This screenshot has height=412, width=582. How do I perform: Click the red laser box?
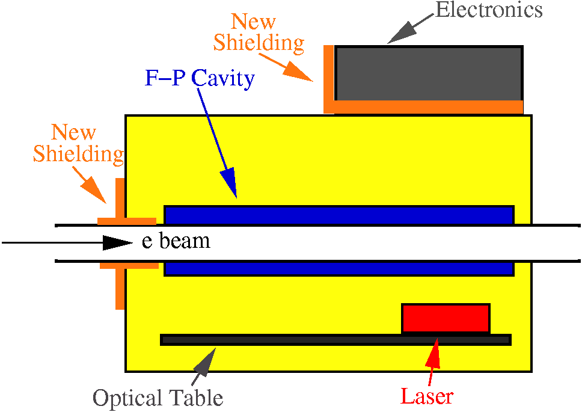[x=446, y=318]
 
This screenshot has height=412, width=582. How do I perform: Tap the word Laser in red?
[x=426, y=396]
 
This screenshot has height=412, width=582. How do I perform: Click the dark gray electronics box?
[x=428, y=73]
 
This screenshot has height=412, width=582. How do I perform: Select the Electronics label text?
[x=488, y=10]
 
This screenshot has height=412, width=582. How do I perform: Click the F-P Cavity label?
[x=200, y=78]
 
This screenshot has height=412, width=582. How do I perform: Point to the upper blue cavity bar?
[x=338, y=215]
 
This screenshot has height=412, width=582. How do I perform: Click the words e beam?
[x=176, y=241]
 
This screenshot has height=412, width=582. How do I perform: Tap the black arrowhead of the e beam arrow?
[x=116, y=242]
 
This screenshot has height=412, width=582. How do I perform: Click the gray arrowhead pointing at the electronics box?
[x=398, y=34]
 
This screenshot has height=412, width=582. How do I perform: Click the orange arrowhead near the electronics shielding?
[x=301, y=71]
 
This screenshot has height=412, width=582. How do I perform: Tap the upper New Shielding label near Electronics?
[x=259, y=32]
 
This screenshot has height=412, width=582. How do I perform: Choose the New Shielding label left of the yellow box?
[x=78, y=143]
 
